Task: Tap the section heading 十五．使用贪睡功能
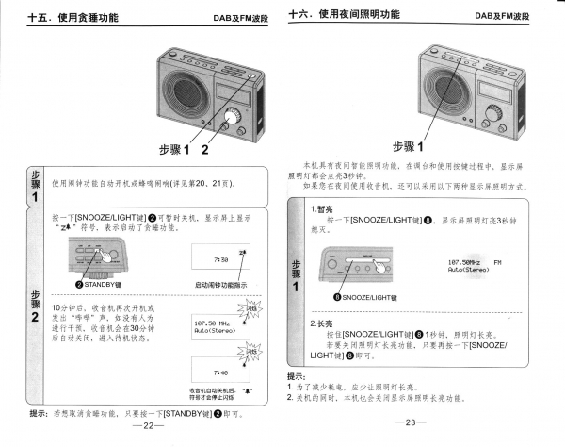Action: point(70,16)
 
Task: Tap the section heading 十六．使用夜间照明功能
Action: point(344,15)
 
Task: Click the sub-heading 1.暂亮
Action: point(325,208)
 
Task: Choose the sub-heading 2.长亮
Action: point(325,323)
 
